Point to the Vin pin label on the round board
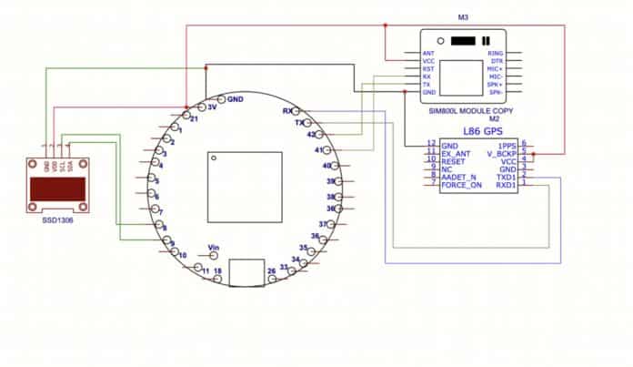coord(216,247)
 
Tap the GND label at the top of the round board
coord(236,98)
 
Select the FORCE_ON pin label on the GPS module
coord(460,185)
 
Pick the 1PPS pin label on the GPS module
coord(507,145)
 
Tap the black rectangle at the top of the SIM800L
coord(464,40)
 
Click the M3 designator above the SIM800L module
coord(463,17)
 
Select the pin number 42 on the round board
coord(312,135)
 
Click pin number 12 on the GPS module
coord(431,144)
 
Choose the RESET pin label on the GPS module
coord(453,160)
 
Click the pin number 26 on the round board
coord(271,271)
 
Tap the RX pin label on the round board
coord(288,111)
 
